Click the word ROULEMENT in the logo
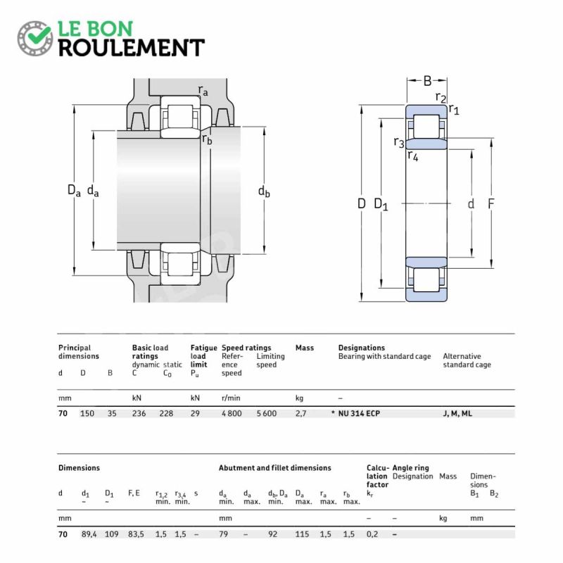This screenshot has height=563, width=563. (131, 47)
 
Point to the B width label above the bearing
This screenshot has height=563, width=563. (427, 81)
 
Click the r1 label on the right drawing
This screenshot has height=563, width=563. (454, 109)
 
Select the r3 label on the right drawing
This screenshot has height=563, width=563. (398, 142)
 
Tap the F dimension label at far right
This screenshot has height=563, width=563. (491, 204)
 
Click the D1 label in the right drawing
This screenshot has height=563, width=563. (381, 204)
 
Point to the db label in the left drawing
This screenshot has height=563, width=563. (264, 191)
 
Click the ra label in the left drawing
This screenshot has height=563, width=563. (203, 91)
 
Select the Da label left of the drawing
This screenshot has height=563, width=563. (74, 190)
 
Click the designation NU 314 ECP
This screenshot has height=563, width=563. (359, 414)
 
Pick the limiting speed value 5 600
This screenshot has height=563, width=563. (266, 414)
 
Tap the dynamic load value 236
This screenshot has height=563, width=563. (139, 414)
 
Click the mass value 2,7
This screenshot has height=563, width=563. (301, 414)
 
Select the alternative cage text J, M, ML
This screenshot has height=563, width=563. (457, 414)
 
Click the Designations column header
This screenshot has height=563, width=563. (361, 348)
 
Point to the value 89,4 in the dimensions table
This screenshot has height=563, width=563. (89, 534)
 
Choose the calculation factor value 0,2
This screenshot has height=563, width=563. (373, 534)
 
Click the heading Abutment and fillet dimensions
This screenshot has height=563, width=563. (274, 468)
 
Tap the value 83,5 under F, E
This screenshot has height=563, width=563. (136, 534)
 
